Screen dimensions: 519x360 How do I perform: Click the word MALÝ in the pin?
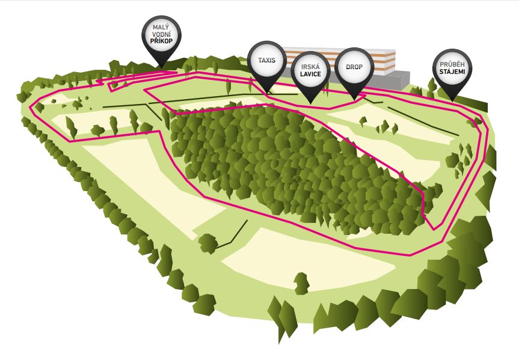pyautogui.click(x=161, y=27)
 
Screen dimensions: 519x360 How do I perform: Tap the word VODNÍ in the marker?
pyautogui.click(x=161, y=34)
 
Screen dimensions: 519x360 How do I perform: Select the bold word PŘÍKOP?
pyautogui.click(x=161, y=41)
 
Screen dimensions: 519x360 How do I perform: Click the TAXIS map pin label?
pyautogui.click(x=267, y=60)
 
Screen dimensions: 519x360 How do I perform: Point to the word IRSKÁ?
pyautogui.click(x=310, y=67)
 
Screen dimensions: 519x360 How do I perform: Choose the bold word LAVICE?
pyautogui.click(x=310, y=74)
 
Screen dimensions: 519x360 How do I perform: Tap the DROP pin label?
pyautogui.click(x=354, y=67)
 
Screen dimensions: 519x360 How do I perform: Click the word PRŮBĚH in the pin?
pyautogui.click(x=452, y=64)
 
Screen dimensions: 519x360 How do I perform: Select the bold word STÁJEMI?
pyautogui.click(x=452, y=72)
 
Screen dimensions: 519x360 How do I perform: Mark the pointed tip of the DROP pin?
pyautogui.click(x=354, y=100)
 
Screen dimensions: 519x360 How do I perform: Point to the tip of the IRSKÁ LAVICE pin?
pyautogui.click(x=310, y=104)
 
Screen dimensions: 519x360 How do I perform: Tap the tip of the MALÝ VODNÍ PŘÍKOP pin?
pyautogui.click(x=161, y=68)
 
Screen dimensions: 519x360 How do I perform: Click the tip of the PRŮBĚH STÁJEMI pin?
pyautogui.click(x=452, y=101)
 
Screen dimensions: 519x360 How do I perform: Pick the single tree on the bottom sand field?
pyautogui.click(x=301, y=284)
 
